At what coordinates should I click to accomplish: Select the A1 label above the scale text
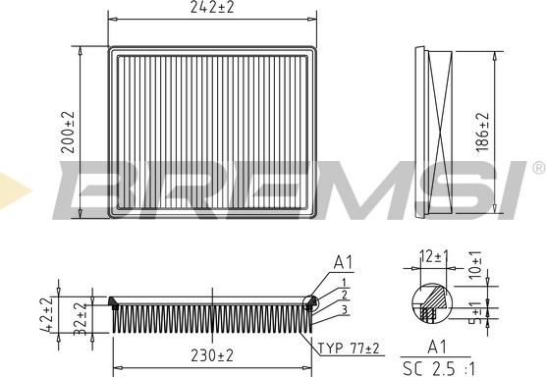[436, 346]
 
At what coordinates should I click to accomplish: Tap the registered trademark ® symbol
[536, 168]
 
